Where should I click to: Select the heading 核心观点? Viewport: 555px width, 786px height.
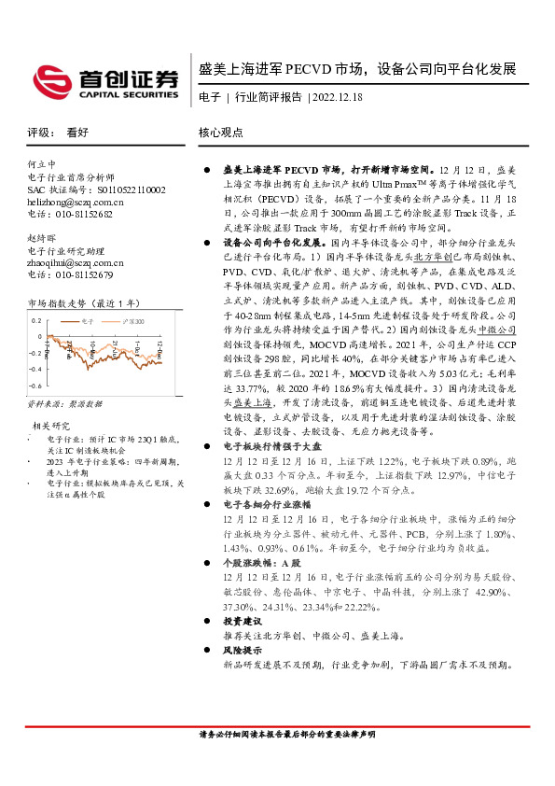pos(221,133)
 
